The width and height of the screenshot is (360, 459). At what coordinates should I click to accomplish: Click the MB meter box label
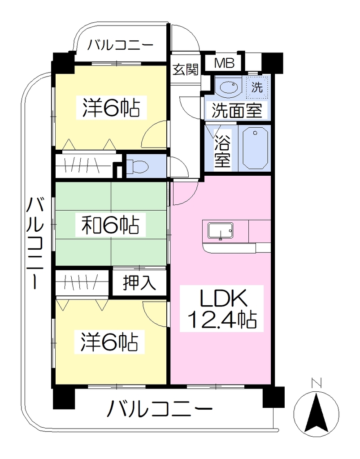coord(224,63)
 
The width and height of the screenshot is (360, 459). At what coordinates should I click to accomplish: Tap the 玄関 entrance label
coord(186,69)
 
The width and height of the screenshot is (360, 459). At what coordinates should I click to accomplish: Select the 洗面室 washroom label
coord(237,111)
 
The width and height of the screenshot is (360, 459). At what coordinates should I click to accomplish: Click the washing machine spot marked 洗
coord(257,87)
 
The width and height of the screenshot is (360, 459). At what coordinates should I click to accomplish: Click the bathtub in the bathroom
coord(255,147)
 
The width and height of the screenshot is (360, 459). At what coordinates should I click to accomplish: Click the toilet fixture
coord(138,167)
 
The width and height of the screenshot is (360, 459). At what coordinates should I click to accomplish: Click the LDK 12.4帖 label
coord(222,308)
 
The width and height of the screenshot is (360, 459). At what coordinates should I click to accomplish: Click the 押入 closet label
coord(139,283)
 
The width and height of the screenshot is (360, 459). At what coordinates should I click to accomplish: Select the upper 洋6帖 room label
coord(111,108)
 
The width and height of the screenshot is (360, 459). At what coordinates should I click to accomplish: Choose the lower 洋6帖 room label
coord(109,342)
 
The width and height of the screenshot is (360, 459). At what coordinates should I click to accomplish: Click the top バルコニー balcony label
coord(121,45)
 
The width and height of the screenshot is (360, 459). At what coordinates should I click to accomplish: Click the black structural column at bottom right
coord(273,397)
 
